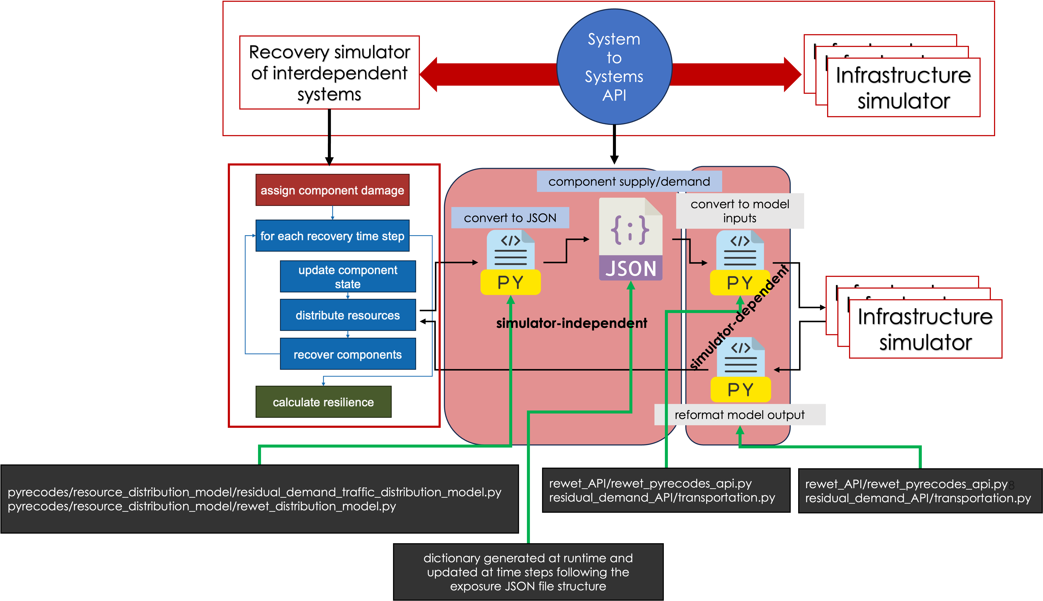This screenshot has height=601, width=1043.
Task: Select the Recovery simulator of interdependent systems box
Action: coord(329,73)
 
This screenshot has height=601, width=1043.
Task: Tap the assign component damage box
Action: coord(332,190)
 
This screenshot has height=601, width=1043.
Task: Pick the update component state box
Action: coord(347,277)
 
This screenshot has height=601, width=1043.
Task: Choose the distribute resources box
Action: coord(347,315)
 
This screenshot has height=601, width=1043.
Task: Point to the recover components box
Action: coord(347,354)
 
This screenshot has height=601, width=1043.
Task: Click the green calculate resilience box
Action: coord(323,402)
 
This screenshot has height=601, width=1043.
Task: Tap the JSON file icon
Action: coord(630,240)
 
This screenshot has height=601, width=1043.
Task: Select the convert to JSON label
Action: coord(510,218)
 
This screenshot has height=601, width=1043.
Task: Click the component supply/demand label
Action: coord(629,182)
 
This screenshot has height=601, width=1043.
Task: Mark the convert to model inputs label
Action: coord(740,211)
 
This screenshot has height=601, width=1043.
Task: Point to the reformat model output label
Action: coord(740,415)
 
